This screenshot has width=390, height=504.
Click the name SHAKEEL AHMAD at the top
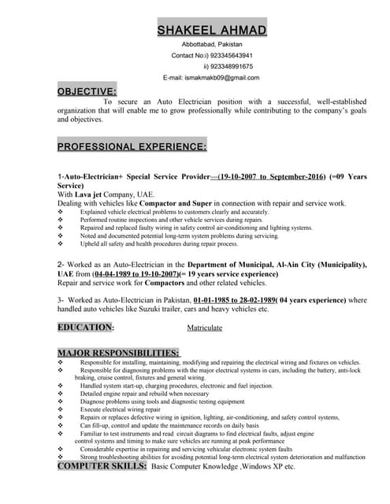(212, 30)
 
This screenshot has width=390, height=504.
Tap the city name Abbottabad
(195, 45)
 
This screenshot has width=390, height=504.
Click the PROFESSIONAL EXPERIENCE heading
(132, 146)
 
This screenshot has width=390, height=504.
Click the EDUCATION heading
(85, 327)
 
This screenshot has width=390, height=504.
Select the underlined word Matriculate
(209, 328)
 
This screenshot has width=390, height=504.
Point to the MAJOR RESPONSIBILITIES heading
(118, 352)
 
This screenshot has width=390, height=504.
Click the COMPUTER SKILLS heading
(102, 467)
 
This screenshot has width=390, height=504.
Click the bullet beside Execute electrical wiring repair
(61, 409)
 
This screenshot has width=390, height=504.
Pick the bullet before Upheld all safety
(61, 244)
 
